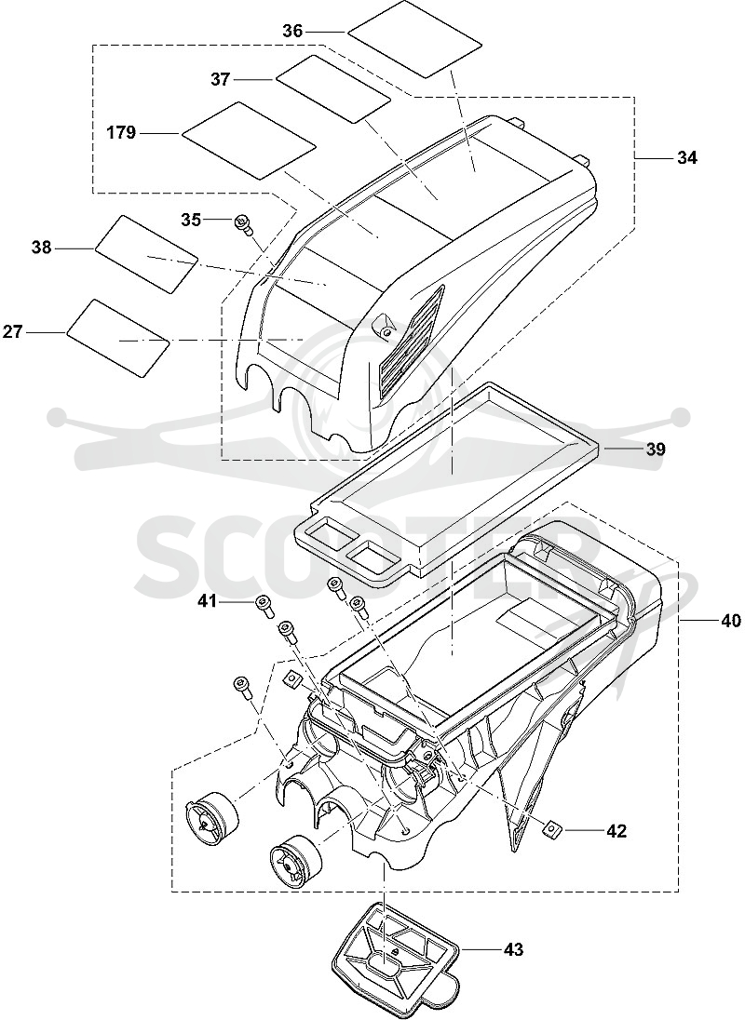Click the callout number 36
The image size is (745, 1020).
(292, 31)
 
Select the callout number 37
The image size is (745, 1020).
(221, 79)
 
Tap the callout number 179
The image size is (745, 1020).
(122, 133)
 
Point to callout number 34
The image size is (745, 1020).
(686, 157)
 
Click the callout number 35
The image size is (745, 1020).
(191, 220)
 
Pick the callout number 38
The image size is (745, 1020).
(42, 248)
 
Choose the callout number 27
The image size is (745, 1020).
(12, 332)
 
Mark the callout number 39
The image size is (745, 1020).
(656, 449)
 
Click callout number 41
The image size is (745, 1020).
(207, 602)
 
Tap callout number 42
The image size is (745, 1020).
(616, 831)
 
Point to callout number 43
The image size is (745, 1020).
(513, 950)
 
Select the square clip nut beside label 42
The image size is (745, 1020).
(551, 830)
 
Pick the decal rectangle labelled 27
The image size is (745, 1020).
(118, 338)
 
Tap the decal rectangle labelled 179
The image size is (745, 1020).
(250, 141)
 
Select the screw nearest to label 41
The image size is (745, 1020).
(264, 605)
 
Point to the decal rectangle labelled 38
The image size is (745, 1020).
(146, 254)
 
